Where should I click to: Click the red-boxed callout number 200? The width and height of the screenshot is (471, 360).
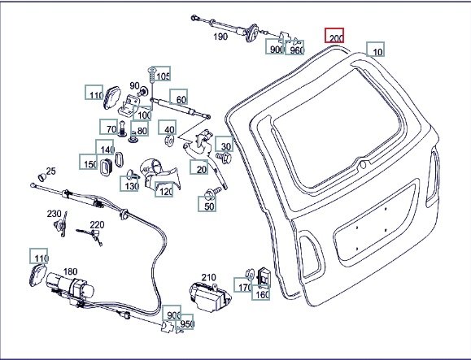(336, 38)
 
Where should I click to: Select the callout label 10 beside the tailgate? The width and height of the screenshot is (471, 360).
(377, 52)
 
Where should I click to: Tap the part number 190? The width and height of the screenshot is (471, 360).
(220, 37)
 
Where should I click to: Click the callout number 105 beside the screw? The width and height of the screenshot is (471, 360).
(164, 76)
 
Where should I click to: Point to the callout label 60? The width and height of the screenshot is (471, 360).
(181, 100)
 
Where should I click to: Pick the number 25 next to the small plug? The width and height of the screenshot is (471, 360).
(50, 171)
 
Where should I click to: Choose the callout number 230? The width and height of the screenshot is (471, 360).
(54, 214)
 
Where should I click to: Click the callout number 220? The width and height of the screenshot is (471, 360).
(97, 225)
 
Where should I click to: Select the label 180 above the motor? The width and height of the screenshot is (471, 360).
(70, 271)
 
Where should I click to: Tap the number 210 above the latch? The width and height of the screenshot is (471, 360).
(208, 277)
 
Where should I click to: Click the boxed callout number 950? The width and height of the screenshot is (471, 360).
(187, 324)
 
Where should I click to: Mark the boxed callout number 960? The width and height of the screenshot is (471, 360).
(298, 50)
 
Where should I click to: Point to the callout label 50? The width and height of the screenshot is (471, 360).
(209, 206)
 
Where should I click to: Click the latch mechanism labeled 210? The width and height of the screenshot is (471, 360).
(210, 297)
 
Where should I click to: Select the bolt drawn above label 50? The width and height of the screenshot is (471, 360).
(212, 193)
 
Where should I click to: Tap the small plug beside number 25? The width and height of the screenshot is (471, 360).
(42, 176)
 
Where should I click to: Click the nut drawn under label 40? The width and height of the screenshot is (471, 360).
(170, 141)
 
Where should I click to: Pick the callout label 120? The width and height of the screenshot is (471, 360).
(166, 192)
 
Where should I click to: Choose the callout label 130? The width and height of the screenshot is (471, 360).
(131, 186)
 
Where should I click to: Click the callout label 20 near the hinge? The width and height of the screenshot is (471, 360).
(202, 170)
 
